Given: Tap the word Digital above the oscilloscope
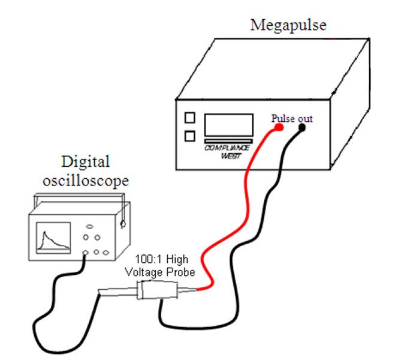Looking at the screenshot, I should click(x=86, y=161).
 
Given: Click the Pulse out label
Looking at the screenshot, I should click(x=291, y=118).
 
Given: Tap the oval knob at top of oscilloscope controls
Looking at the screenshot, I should click(x=91, y=226).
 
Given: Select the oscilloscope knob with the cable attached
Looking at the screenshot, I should click(x=87, y=253).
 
